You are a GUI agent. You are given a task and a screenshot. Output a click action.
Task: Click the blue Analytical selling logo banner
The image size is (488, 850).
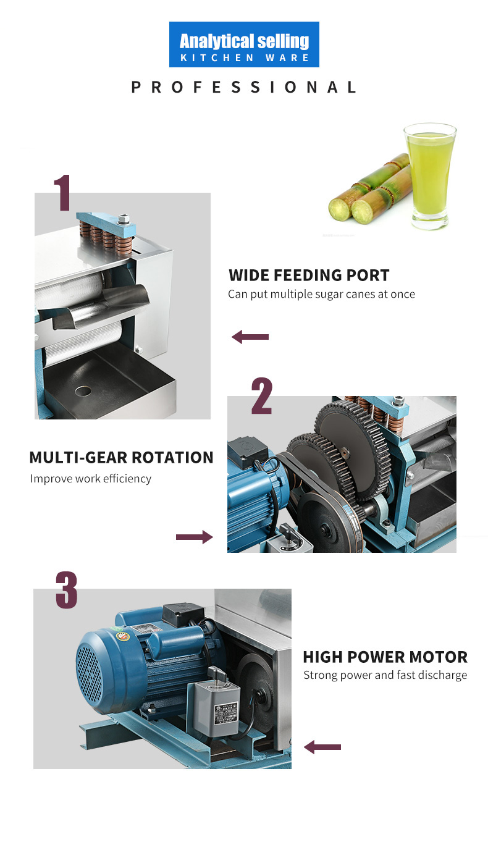point(244,44)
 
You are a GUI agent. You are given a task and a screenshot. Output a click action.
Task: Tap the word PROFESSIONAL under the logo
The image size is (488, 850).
point(243,87)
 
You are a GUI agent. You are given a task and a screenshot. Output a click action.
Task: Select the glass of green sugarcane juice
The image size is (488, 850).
point(429,176)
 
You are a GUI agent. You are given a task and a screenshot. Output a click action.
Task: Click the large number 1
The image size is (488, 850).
point(62,192)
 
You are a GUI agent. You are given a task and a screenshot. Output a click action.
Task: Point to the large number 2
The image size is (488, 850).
point(262,395)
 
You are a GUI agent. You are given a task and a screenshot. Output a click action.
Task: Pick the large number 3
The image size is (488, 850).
point(67,590)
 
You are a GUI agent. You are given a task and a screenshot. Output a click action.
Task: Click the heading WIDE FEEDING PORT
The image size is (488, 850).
point(309,275)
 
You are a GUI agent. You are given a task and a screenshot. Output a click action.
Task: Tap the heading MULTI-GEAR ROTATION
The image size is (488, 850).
point(121,457)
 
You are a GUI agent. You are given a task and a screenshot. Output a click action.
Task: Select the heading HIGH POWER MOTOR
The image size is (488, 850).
point(385,657)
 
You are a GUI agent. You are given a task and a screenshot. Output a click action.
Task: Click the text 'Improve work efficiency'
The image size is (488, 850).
point(91,479)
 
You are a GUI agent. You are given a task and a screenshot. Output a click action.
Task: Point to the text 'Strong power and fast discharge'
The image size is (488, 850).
point(385,675)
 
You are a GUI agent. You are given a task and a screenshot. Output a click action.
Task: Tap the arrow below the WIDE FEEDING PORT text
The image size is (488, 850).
point(250,337)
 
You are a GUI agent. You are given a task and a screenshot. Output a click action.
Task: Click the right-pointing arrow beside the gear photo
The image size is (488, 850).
point(195,537)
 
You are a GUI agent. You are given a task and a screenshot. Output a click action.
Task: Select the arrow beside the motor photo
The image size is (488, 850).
point(322,747)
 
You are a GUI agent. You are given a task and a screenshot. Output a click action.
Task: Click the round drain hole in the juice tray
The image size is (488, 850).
point(83,390)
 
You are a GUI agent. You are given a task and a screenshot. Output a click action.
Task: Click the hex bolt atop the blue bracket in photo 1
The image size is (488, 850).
point(124,219)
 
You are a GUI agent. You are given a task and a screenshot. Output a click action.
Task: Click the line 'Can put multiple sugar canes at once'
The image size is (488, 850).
point(321,295)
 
